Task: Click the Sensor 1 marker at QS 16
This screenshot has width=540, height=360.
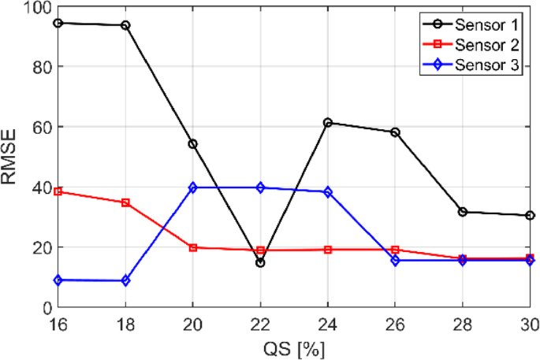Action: [58, 23]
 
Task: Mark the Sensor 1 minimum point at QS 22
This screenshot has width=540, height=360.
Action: [260, 262]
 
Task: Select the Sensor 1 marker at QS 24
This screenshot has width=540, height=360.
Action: [328, 123]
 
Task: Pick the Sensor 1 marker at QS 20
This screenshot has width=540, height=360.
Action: [192, 144]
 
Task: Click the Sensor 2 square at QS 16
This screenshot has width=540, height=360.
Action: [58, 191]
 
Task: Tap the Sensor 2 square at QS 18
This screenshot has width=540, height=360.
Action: [125, 202]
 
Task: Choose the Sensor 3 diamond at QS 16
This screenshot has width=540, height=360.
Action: [58, 280]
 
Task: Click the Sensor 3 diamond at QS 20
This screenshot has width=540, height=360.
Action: [192, 187]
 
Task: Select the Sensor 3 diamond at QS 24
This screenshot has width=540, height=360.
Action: [328, 191]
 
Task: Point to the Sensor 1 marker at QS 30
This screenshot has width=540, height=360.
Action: [530, 215]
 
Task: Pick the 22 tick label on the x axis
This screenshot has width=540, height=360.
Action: [260, 323]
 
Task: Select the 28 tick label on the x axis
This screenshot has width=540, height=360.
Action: [463, 323]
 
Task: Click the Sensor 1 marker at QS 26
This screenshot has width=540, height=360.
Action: [395, 132]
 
